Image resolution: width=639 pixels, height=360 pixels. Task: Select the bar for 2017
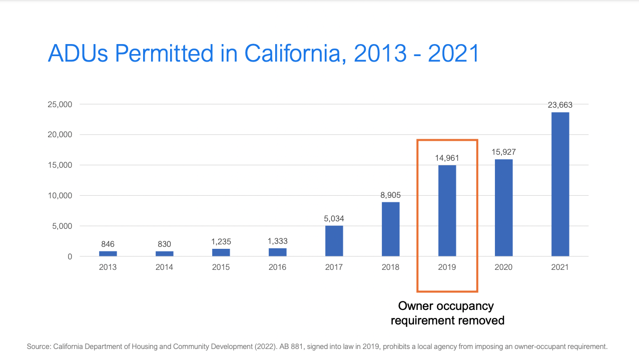pos(334,241)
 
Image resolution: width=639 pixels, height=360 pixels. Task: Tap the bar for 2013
pos(108,253)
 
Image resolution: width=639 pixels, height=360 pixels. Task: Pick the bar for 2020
pos(503,208)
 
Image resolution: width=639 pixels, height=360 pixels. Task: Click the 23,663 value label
pos(560,105)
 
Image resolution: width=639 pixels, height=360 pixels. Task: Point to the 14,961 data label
pos(447,158)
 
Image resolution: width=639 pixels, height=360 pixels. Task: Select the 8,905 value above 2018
pos(390,195)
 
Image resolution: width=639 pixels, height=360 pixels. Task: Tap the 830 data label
pos(164,244)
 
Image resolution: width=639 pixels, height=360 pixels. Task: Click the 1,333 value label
pos(277,241)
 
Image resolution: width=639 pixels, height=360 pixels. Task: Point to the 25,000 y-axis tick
pos(59,105)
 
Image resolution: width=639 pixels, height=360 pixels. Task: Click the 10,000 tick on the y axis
pos(59,196)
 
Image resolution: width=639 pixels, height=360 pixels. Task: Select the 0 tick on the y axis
pos(70,257)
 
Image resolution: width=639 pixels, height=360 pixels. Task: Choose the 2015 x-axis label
pos(221,267)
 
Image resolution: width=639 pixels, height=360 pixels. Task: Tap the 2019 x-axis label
pos(447,267)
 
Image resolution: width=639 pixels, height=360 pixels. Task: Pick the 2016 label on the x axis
pos(277,267)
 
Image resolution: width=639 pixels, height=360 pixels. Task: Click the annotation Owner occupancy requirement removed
pos(447,313)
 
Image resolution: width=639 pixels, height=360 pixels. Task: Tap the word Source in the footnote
pos(38,346)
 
